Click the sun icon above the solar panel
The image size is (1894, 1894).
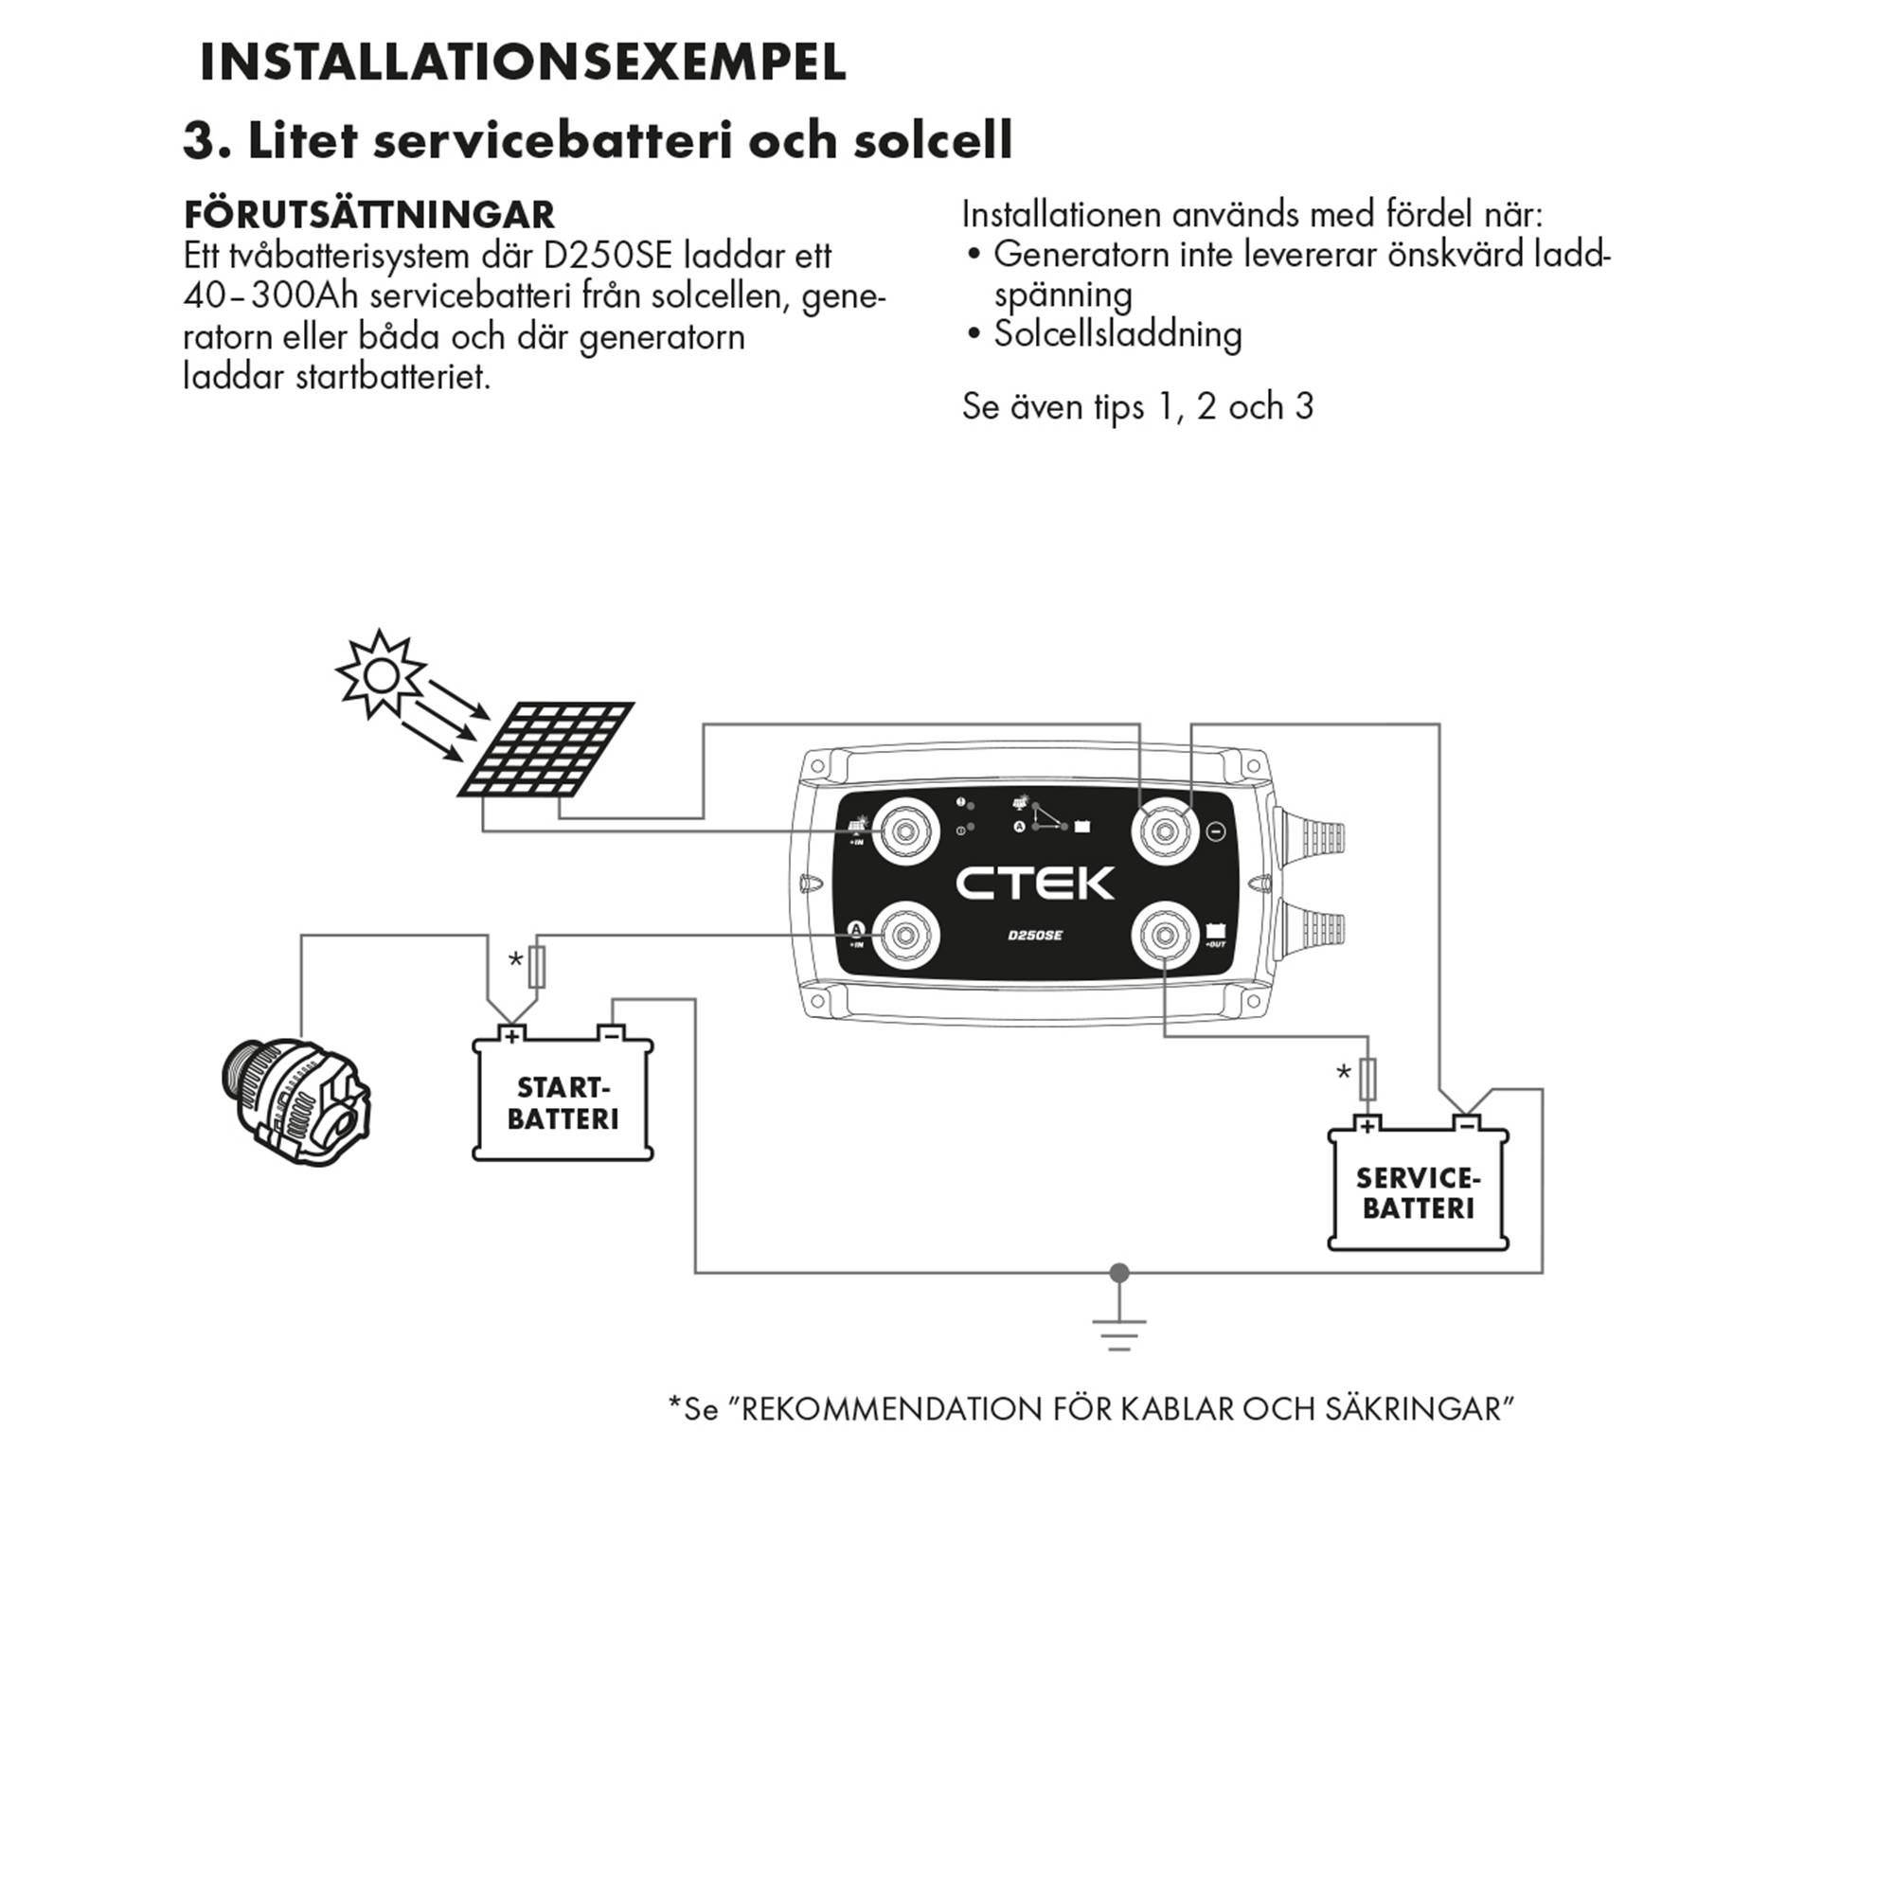click(381, 674)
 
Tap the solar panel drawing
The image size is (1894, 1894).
click(547, 749)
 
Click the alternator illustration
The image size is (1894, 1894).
click(295, 1102)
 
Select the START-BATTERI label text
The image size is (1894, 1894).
click(563, 1103)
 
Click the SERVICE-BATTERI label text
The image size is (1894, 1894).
click(1418, 1193)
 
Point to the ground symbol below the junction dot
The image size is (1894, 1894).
click(1118, 1333)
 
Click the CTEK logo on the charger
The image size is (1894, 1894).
click(1034, 884)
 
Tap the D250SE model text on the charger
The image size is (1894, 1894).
click(1034, 936)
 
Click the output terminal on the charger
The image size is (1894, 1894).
click(1165, 936)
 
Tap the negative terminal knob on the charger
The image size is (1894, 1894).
click(1165, 831)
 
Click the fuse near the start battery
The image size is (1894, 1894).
click(536, 967)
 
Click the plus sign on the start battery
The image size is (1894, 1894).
click(510, 1033)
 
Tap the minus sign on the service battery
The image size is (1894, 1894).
click(1467, 1124)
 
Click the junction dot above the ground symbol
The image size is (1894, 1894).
click(1118, 1273)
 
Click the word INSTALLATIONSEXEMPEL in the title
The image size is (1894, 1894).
click(523, 63)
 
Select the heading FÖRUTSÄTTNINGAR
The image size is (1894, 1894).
click(369, 215)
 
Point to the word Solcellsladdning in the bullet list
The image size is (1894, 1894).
click(1117, 335)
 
